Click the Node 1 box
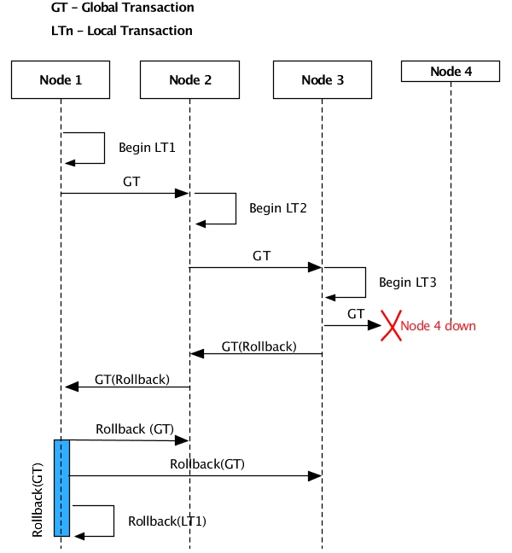pos(61,79)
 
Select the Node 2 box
pos(189,79)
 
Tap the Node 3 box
pos(323,79)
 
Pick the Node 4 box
pos(451,72)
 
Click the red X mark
pos(390,325)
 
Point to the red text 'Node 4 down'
pos(438,326)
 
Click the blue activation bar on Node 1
pos(61,487)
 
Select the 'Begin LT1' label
pos(147,148)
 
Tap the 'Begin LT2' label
pos(277,207)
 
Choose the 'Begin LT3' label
pos(408,282)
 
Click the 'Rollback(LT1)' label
pos(167,521)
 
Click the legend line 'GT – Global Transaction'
pos(122,9)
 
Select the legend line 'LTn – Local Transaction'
pos(121,31)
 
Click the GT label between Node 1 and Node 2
pos(131,183)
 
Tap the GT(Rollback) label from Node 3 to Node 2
pos(259,346)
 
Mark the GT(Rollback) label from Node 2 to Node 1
pos(131,379)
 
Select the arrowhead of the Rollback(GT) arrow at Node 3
pos(316,475)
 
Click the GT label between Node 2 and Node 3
pos(262,255)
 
